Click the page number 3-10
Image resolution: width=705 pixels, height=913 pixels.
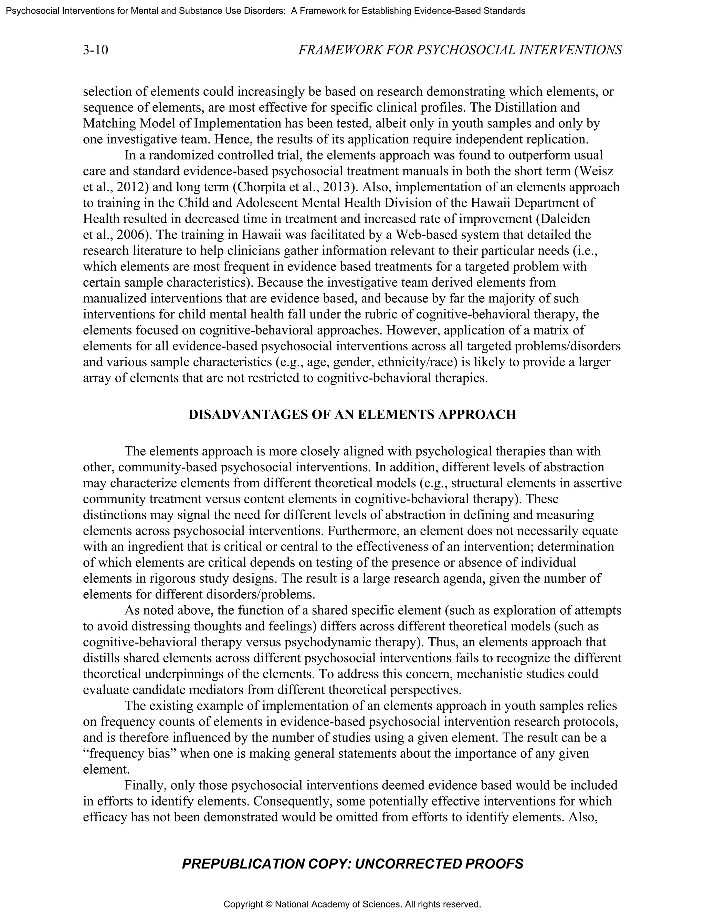(95, 50)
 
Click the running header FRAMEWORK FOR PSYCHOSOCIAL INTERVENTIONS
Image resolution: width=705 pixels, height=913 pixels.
(460, 50)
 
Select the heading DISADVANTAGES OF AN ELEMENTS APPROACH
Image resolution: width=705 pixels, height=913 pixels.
(352, 414)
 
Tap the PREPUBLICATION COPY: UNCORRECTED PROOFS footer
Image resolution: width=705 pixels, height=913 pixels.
(352, 864)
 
